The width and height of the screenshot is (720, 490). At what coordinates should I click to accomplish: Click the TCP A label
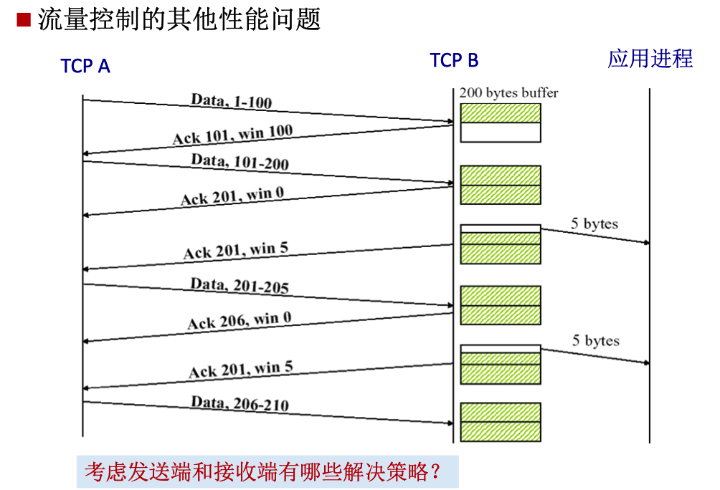tap(85, 67)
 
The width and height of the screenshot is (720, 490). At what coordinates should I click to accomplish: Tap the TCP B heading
tap(454, 61)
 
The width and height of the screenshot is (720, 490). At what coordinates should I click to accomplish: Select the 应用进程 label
tap(650, 59)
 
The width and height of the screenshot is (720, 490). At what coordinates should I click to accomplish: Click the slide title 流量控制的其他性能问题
tap(179, 19)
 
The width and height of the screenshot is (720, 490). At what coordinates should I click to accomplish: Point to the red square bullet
tap(24, 19)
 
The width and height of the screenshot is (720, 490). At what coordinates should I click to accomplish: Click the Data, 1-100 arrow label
tap(232, 101)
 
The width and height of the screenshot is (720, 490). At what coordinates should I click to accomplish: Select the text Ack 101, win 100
tap(232, 134)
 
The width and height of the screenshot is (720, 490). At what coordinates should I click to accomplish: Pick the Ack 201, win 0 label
tap(232, 195)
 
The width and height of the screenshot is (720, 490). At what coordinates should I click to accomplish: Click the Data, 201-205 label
tap(240, 286)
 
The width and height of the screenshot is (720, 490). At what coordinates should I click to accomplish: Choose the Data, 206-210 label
tap(240, 404)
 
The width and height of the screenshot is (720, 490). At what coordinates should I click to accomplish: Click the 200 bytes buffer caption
tap(508, 92)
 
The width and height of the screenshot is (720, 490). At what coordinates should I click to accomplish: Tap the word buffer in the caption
tap(541, 92)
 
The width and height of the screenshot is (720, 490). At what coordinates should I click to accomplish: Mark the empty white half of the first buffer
tap(500, 133)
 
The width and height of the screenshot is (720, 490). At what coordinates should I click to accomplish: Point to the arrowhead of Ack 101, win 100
tap(86, 153)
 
